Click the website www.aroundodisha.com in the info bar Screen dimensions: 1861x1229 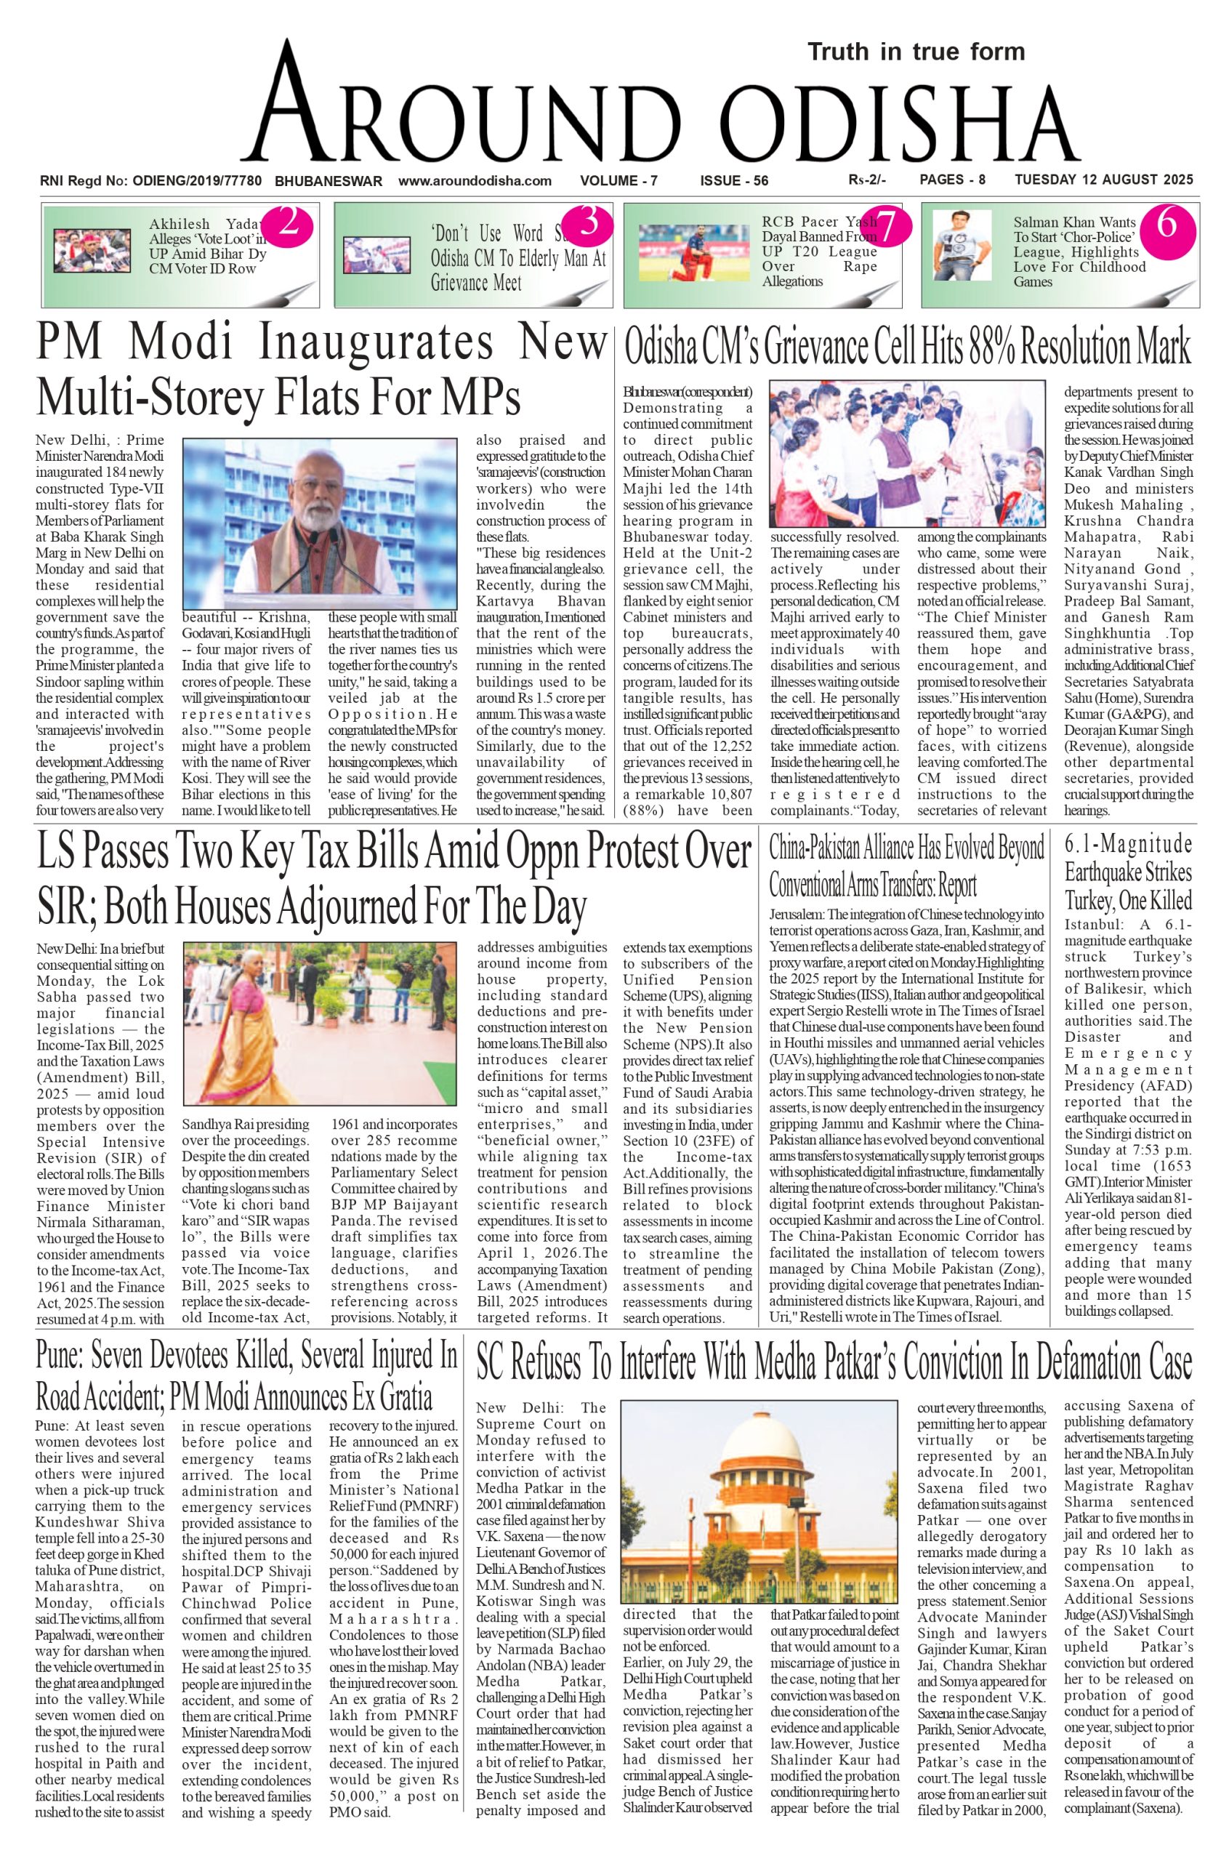coord(475,181)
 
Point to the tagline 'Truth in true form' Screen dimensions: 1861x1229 coord(916,52)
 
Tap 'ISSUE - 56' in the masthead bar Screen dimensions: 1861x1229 coord(733,181)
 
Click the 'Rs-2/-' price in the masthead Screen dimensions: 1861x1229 coord(867,180)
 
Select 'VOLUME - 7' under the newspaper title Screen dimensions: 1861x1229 coord(618,181)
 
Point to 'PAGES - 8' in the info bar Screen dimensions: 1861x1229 coord(952,180)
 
